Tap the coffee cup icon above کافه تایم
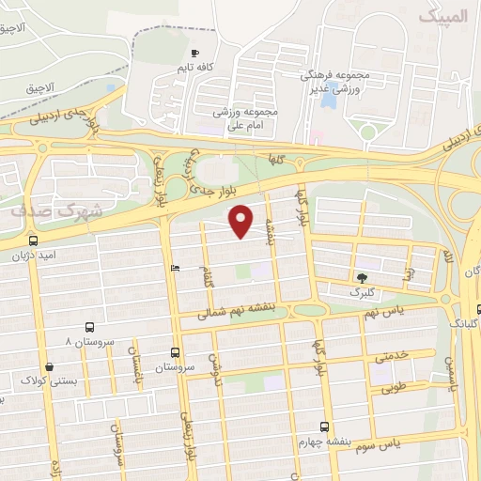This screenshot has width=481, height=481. coord(194,54)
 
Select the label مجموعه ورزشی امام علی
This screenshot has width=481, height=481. coord(248,116)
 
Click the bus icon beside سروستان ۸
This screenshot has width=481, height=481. coord(89,328)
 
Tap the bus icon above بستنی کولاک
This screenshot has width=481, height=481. coord(50,367)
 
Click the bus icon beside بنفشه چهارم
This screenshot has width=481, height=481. coord(325,427)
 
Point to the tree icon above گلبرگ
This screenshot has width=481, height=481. coord(362,277)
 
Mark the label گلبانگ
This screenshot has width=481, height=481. coord(464,322)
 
